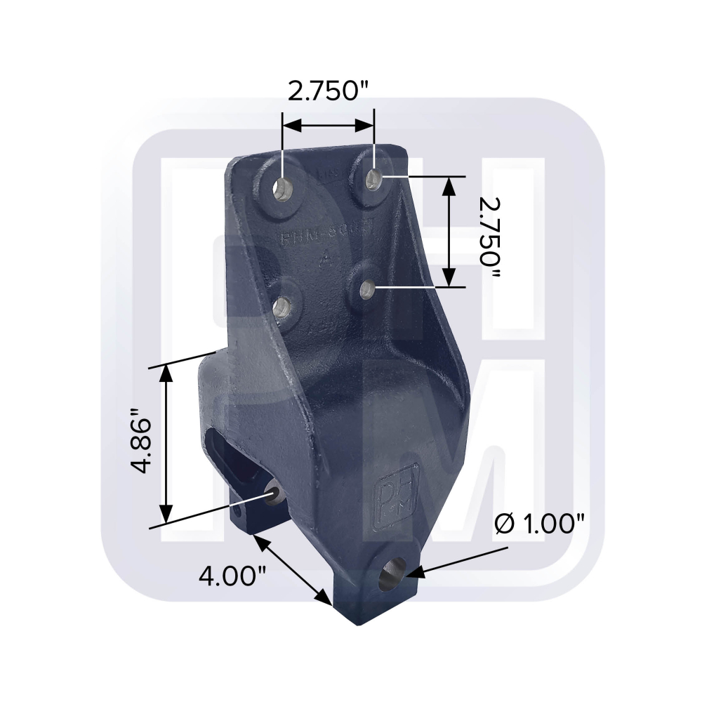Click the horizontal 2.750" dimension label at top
pos(328,92)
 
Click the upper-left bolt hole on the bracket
pos(284,187)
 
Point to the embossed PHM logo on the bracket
pos(399,488)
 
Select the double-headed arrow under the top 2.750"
pos(328,126)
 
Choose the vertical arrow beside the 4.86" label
pos(166,441)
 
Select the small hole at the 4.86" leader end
pos(273,494)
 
